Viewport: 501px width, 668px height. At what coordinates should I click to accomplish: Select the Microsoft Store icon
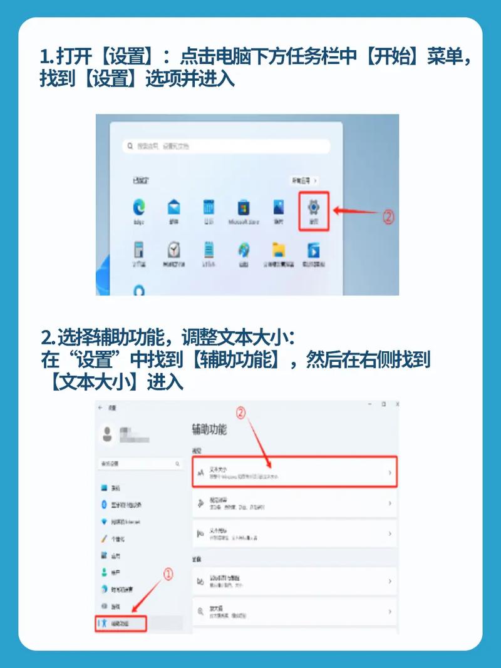tap(244, 207)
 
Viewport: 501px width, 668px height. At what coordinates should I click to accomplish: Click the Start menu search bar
tap(226, 146)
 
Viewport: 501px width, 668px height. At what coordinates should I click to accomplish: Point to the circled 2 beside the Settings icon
tap(388, 217)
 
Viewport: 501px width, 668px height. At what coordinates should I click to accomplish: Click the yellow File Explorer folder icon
tap(279, 250)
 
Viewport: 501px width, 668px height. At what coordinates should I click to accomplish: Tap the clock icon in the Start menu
tap(174, 250)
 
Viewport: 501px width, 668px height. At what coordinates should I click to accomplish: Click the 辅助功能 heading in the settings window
tap(209, 430)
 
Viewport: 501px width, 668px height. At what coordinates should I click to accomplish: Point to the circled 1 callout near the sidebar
tap(168, 573)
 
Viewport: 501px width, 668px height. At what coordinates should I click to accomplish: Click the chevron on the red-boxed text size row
tap(390, 473)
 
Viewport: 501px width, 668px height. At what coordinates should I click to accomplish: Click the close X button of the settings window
tap(397, 404)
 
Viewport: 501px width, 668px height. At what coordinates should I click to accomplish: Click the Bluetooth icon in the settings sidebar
tap(104, 505)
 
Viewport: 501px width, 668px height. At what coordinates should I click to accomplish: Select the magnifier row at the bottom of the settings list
tap(294, 611)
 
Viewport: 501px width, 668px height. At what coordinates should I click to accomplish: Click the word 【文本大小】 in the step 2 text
tap(95, 381)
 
